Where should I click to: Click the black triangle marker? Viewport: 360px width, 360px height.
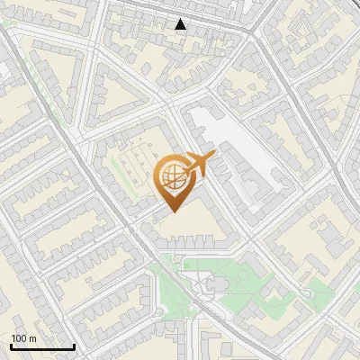(x=181, y=24)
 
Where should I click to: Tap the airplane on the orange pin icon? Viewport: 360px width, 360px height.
(x=197, y=165)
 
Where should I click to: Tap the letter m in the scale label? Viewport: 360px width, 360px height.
(x=32, y=338)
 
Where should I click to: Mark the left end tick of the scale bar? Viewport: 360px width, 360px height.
(x=11, y=346)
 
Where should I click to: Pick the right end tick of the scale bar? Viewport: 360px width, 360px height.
(x=74, y=346)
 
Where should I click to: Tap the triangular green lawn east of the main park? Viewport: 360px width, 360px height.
(x=317, y=289)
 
